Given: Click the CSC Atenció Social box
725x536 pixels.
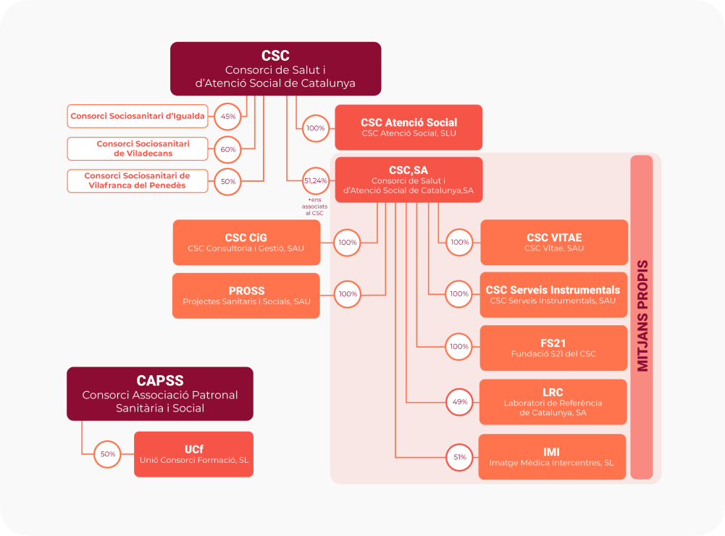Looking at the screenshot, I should (x=408, y=127).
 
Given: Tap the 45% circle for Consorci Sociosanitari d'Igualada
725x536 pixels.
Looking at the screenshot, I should (x=228, y=116).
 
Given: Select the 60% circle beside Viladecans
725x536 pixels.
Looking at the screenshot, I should (x=228, y=149).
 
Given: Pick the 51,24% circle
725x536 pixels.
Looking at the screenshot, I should (x=315, y=180).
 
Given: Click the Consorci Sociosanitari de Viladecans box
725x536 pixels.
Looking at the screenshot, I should (x=139, y=148).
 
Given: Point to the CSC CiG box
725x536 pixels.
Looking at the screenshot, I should (x=246, y=243).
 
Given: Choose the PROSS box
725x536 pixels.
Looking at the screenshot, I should (x=246, y=296).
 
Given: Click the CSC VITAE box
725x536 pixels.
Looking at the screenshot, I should (x=554, y=243).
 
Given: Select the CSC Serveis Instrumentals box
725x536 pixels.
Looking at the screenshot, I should (x=553, y=295).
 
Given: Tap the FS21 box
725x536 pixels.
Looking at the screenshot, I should (x=553, y=348).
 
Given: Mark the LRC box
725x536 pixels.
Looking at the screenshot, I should (x=553, y=402).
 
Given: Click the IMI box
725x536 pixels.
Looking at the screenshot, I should (x=552, y=457).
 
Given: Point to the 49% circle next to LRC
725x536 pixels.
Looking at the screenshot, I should (x=460, y=401).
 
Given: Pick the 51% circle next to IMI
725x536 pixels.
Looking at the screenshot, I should (x=460, y=457).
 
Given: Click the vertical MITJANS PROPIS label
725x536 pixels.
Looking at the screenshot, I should (x=642, y=317).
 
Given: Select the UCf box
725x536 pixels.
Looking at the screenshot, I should (x=193, y=454).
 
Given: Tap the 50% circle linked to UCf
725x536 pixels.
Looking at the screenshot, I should (x=108, y=454).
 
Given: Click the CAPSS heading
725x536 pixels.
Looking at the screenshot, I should (x=160, y=381).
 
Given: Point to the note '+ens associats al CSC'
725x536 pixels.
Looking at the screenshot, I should (x=315, y=206).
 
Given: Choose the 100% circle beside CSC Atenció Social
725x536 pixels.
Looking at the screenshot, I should (x=315, y=127).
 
